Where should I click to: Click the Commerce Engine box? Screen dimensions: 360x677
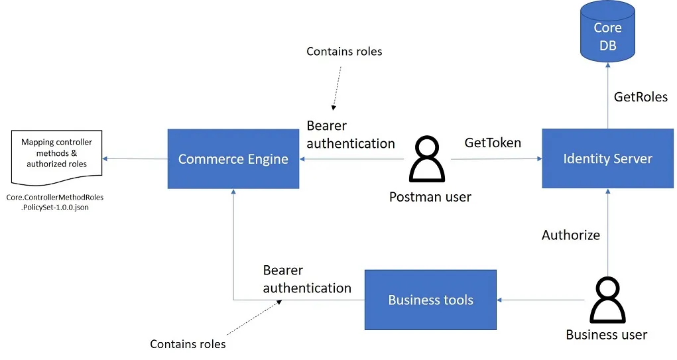pyautogui.click(x=233, y=159)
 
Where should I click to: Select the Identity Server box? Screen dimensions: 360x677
pyautogui.click(x=607, y=159)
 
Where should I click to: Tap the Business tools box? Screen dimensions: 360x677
pyautogui.click(x=430, y=300)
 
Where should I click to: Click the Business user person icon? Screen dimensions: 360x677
pyautogui.click(x=606, y=300)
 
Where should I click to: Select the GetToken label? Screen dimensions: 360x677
pyautogui.click(x=493, y=143)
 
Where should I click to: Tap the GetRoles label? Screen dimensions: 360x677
pyautogui.click(x=640, y=97)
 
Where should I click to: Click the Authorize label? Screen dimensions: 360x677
pyautogui.click(x=570, y=235)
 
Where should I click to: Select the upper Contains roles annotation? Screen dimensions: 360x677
pyautogui.click(x=344, y=52)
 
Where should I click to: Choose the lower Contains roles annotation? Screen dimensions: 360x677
pyautogui.click(x=188, y=344)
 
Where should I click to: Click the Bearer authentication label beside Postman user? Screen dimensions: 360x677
pyautogui.click(x=350, y=135)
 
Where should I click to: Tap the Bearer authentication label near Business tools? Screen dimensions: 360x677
pyautogui.click(x=306, y=279)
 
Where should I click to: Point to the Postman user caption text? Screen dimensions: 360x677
pyautogui.click(x=430, y=196)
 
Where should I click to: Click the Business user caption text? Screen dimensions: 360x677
pyautogui.click(x=606, y=335)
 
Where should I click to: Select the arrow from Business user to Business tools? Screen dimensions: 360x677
pyautogui.click(x=540, y=300)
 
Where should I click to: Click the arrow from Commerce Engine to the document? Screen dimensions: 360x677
pyautogui.click(x=135, y=159)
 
